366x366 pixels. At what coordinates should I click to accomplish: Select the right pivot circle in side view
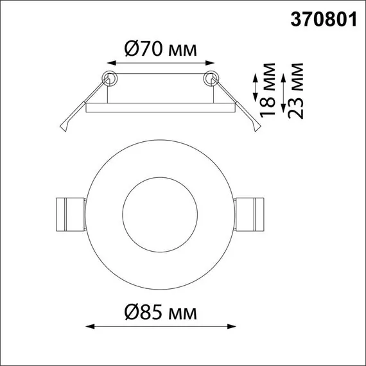tap(210, 79)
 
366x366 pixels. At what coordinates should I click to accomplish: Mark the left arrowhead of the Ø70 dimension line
tap(107, 64)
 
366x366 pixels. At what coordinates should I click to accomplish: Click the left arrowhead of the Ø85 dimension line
tap(89, 327)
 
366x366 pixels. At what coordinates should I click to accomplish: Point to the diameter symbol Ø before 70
tap(131, 49)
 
